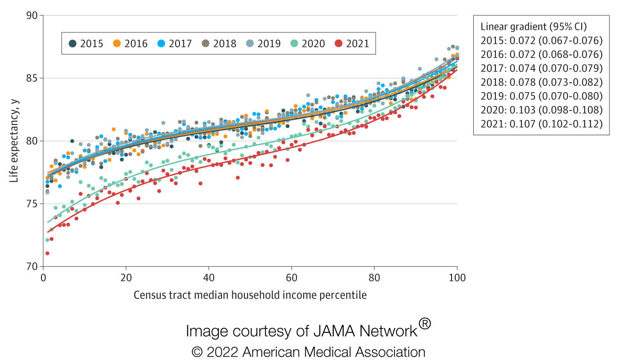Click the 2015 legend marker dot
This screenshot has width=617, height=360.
[72, 44]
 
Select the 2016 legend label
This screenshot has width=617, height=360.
[136, 44]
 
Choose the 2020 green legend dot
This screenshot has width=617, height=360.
[294, 44]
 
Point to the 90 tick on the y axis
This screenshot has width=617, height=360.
[32, 15]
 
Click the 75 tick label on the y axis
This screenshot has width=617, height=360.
[32, 204]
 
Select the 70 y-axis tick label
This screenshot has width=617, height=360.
[32, 267]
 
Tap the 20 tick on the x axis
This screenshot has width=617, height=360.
[126, 278]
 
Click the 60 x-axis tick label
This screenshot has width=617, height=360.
[291, 278]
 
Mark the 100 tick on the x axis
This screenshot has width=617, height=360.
[457, 278]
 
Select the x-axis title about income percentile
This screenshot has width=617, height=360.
[250, 295]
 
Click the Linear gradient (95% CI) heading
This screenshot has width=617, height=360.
[533, 26]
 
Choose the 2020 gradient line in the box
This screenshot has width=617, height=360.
[542, 110]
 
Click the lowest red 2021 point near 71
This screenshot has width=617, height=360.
[47, 253]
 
